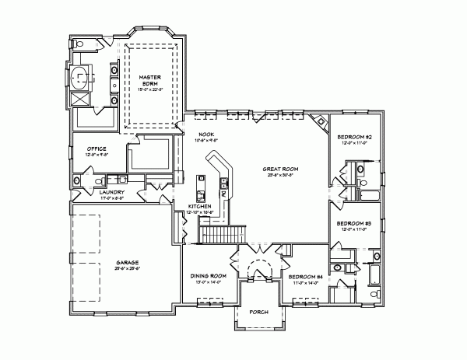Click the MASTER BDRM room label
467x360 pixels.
(149, 81)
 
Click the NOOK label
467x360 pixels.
(205, 134)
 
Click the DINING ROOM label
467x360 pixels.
(208, 276)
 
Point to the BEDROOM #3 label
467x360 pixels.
(354, 223)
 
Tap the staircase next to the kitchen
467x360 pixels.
(222, 232)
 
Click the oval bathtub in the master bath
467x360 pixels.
(79, 79)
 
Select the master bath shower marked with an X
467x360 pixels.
(79, 99)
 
